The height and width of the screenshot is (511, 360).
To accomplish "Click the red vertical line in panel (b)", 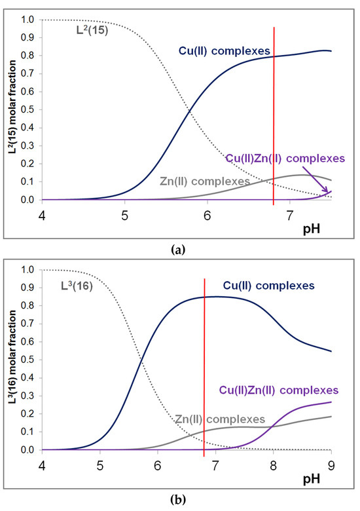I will tap(204, 367).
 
